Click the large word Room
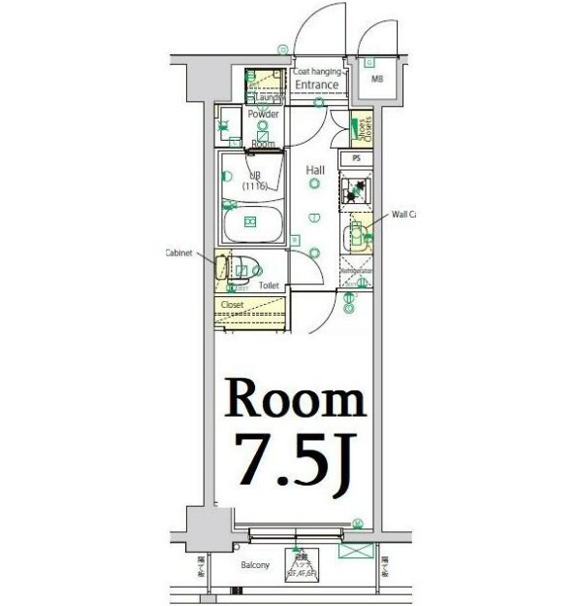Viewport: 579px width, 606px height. pyautogui.click(x=296, y=399)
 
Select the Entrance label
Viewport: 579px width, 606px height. pyautogui.click(x=316, y=85)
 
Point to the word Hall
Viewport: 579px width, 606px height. pyautogui.click(x=315, y=171)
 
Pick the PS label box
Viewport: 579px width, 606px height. pyautogui.click(x=356, y=157)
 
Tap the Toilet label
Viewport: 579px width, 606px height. pyautogui.click(x=269, y=286)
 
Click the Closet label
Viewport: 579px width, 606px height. pyautogui.click(x=232, y=305)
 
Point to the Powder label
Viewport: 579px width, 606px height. pyautogui.click(x=263, y=115)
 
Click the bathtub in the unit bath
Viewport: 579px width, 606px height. pyautogui.click(x=251, y=223)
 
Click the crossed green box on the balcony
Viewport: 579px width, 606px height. pyautogui.click(x=355, y=551)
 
